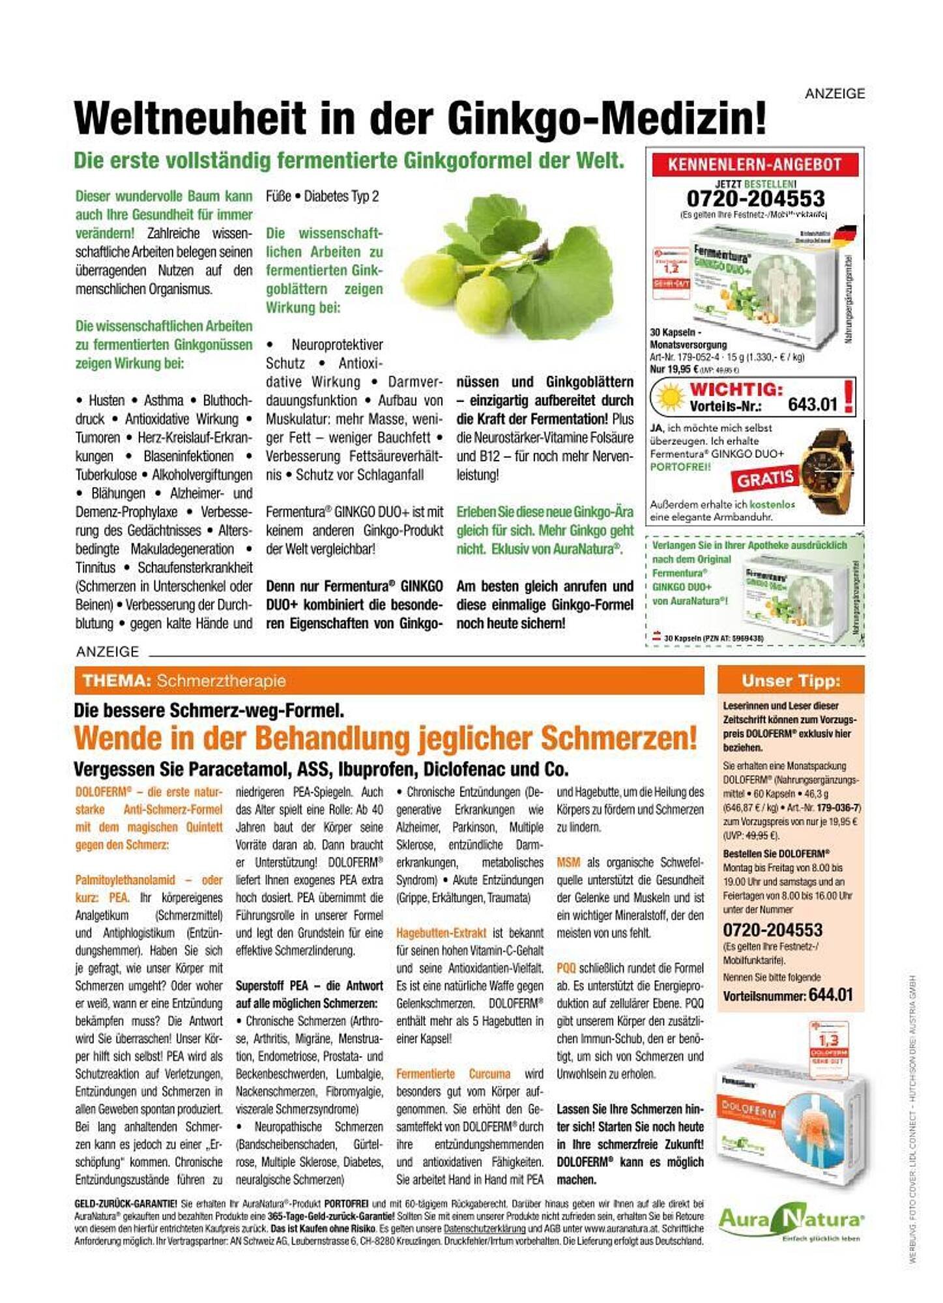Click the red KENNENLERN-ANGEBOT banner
[x=755, y=164]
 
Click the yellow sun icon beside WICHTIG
[x=671, y=397]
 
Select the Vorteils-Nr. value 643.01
[x=812, y=405]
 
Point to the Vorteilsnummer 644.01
[x=830, y=995]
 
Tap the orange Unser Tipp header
[x=791, y=681]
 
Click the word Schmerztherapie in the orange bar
[x=221, y=681]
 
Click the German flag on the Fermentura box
[x=846, y=234]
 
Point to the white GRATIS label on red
[x=765, y=479]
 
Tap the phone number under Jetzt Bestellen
[x=755, y=199]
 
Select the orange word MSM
[x=568, y=863]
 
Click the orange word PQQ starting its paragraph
[x=566, y=968]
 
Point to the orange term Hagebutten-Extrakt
[x=441, y=933]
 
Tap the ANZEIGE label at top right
[x=835, y=94]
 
